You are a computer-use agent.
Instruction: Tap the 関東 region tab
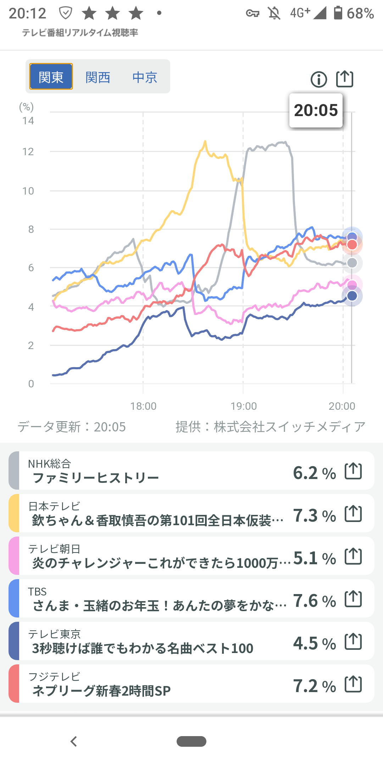point(51,77)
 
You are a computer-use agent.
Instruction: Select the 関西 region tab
point(98,77)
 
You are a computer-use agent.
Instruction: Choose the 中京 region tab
point(145,77)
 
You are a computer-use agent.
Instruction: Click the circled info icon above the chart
point(318,79)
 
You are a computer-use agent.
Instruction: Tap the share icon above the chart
point(345,79)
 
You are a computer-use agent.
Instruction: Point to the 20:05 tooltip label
point(316,110)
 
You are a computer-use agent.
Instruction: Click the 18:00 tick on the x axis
point(143,406)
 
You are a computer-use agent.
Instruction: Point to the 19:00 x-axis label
point(244,406)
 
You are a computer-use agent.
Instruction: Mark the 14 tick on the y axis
point(28,121)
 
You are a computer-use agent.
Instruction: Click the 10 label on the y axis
point(28,191)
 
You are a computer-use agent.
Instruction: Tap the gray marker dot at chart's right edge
point(352,263)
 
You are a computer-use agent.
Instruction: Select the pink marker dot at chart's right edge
point(352,284)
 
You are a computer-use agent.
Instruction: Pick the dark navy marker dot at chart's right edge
point(352,296)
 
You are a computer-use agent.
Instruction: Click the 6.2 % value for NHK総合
point(314,473)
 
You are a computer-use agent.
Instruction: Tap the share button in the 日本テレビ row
point(353,513)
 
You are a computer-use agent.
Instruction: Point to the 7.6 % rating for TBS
point(314,601)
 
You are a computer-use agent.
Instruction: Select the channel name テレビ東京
point(54,634)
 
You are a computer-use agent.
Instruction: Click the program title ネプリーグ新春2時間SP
point(101,691)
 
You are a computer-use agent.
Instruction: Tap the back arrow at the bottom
point(74,741)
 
